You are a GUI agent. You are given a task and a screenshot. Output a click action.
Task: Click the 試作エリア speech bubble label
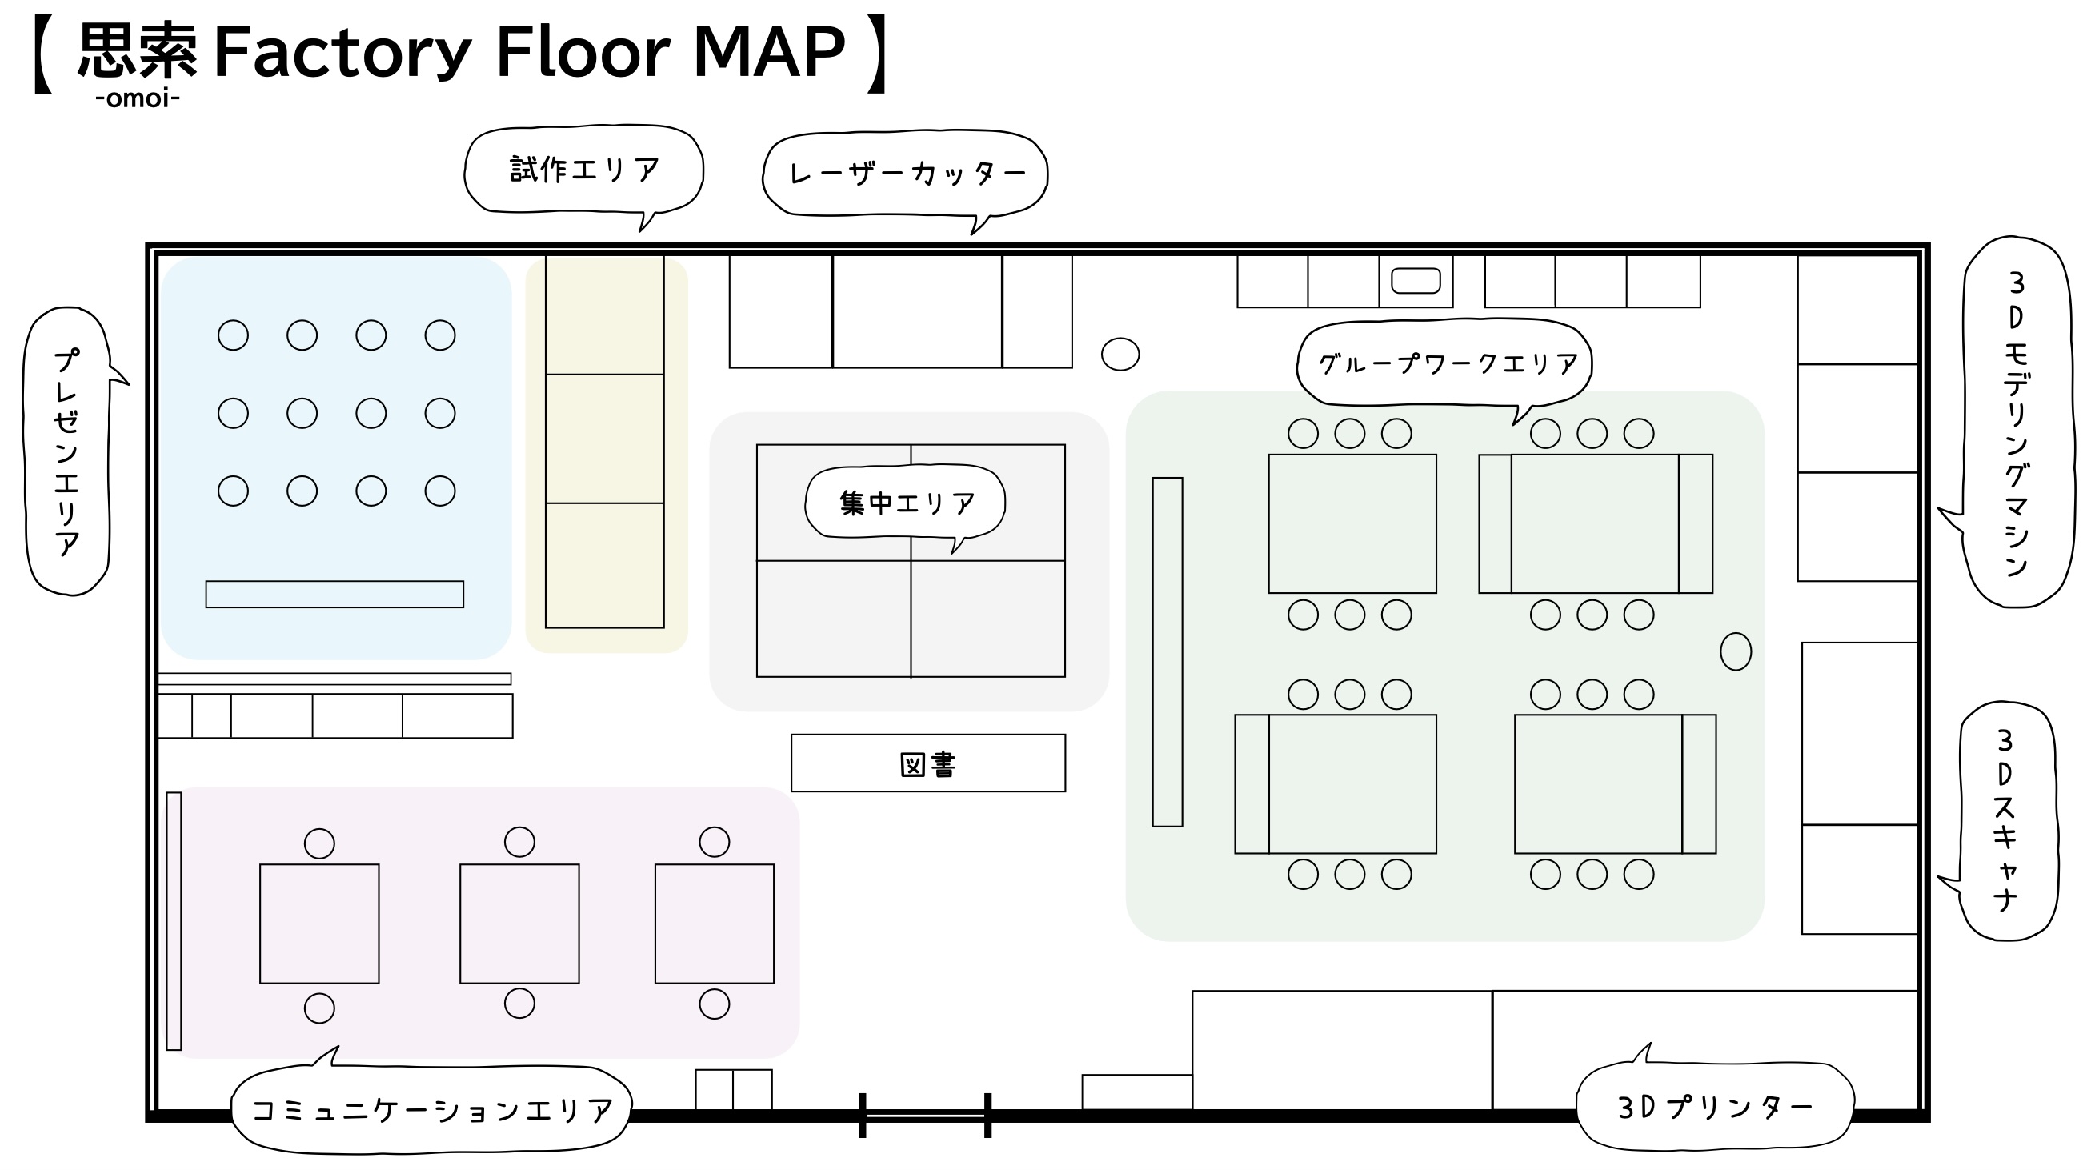[x=584, y=170]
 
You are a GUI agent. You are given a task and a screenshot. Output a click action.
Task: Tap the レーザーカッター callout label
[x=905, y=174]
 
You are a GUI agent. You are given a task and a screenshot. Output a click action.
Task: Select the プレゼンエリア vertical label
[x=68, y=451]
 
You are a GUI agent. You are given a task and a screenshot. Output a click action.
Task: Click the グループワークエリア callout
[x=1444, y=363]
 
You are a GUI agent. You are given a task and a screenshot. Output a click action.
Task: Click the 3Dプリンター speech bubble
[x=1714, y=1107]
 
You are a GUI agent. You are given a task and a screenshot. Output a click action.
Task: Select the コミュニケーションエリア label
[x=431, y=1109]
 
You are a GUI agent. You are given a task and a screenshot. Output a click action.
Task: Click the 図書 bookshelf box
[x=928, y=763]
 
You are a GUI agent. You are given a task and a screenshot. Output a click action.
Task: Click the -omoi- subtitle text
[x=138, y=98]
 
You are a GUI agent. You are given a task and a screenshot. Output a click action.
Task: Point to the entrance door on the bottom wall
[x=926, y=1115]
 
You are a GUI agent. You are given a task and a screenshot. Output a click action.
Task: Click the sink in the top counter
[x=1416, y=281]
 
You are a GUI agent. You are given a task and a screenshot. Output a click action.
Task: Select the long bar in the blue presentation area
[x=334, y=595]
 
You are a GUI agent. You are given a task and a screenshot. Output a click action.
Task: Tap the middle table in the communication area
[x=519, y=924]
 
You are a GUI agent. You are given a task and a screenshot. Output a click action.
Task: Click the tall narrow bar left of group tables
[x=1167, y=652]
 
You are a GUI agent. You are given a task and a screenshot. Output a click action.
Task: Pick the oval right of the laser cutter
[x=1120, y=354]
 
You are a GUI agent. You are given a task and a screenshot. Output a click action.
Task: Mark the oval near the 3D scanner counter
[x=1736, y=651]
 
